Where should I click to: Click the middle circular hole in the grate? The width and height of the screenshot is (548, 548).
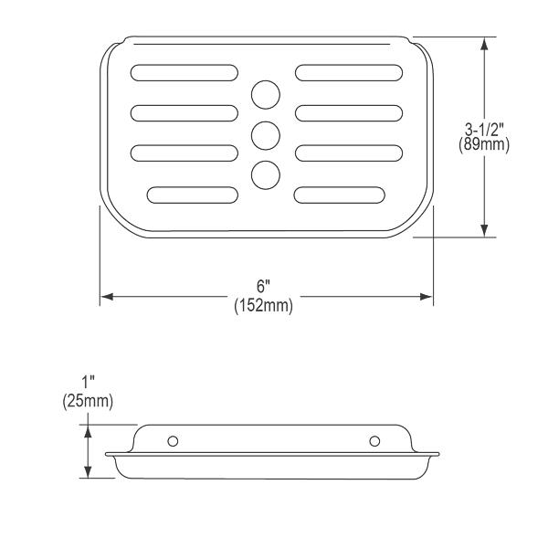click(266, 134)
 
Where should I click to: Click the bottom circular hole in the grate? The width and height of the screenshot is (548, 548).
click(266, 174)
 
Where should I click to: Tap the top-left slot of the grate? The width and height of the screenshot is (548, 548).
click(184, 73)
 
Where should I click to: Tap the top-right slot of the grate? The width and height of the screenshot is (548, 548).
click(349, 73)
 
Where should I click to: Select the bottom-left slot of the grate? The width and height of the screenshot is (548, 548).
click(193, 195)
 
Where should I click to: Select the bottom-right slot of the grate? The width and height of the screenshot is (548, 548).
click(340, 195)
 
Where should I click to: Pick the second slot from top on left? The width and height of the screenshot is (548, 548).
click(184, 112)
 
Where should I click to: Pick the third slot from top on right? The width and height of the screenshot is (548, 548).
click(349, 153)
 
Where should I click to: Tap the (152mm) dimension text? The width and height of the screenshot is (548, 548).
click(263, 307)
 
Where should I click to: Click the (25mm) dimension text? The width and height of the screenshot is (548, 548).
click(88, 400)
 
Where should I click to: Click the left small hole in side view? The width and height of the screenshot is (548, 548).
click(173, 441)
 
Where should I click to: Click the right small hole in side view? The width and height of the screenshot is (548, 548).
click(374, 441)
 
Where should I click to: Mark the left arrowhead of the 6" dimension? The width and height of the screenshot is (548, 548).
click(105, 297)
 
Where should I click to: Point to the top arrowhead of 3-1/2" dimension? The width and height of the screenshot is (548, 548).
click(484, 43)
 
